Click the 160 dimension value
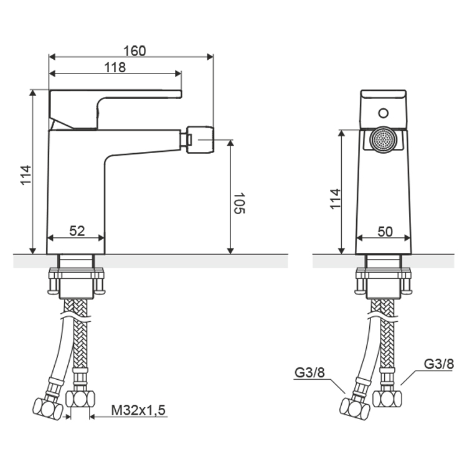134,51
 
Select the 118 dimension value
115,68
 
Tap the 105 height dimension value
239,203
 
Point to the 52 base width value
77,231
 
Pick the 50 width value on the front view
385,232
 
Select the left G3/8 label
309,372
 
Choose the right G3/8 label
439,364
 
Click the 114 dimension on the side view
26,175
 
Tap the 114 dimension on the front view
336,199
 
